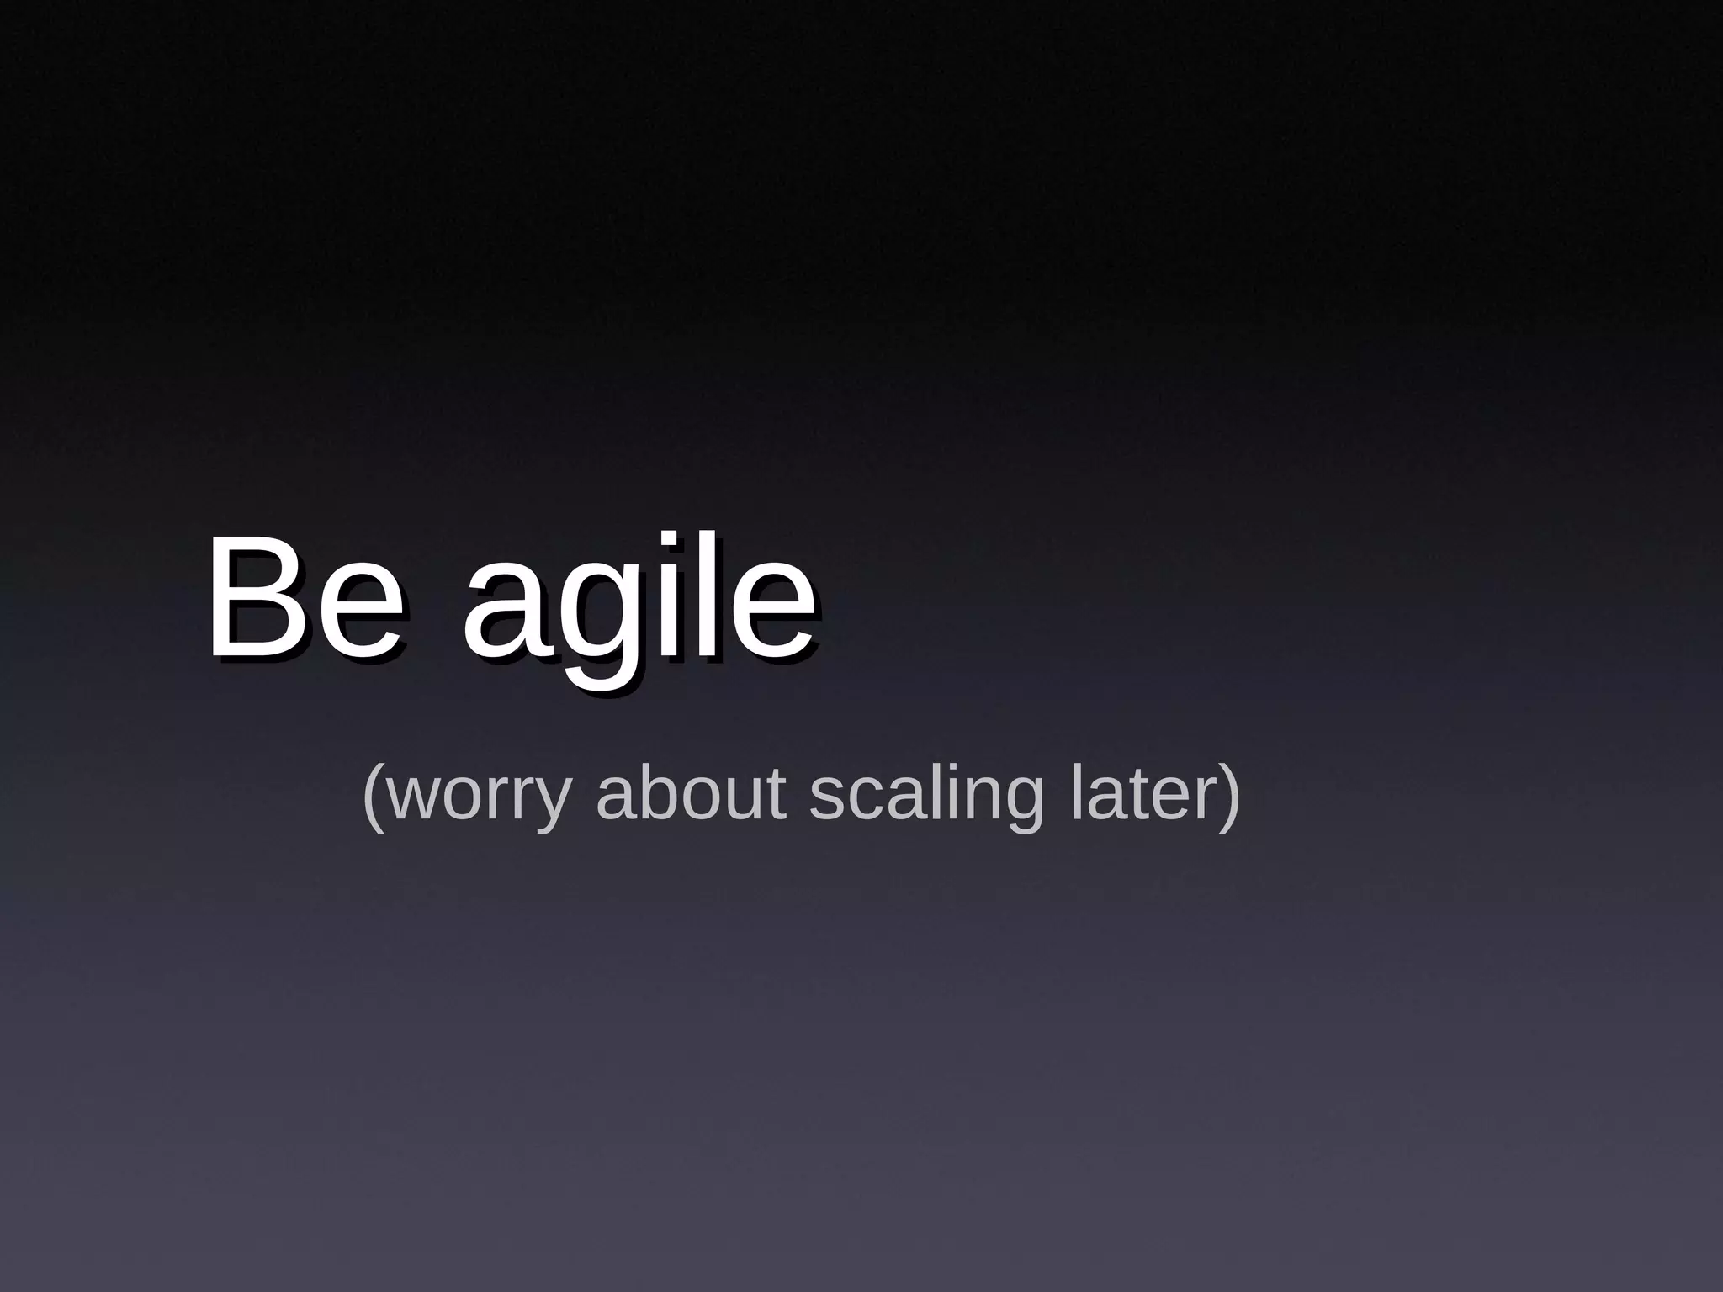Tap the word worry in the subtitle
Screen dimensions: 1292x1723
point(480,794)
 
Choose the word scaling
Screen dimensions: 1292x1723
point(925,794)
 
